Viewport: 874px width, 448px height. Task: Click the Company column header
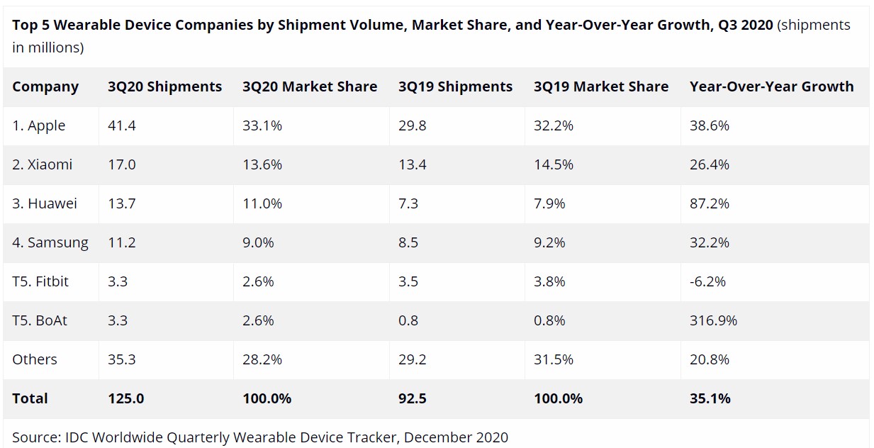[x=45, y=87]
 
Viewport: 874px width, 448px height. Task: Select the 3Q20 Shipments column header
[x=164, y=87]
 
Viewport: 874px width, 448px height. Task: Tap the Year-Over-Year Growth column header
[x=771, y=87]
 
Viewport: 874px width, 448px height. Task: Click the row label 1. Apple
[x=39, y=126]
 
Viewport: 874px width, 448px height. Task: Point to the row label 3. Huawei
[x=45, y=204]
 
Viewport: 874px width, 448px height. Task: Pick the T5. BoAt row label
[x=40, y=320]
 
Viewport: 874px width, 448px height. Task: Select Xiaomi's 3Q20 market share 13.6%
[x=262, y=165]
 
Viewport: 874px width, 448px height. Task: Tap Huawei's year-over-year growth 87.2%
[x=710, y=204]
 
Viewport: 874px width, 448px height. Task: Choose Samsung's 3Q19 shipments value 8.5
[x=408, y=243]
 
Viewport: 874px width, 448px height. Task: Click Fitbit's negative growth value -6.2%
[x=707, y=282]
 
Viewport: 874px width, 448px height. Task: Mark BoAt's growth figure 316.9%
[x=713, y=320]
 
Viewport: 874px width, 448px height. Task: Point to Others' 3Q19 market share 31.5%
[x=554, y=360]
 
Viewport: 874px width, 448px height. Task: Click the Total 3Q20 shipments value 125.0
[x=125, y=398]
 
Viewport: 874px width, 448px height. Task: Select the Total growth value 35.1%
[x=710, y=398]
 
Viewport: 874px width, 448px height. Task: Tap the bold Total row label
[x=30, y=398]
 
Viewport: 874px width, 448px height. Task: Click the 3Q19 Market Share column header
[x=601, y=87]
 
